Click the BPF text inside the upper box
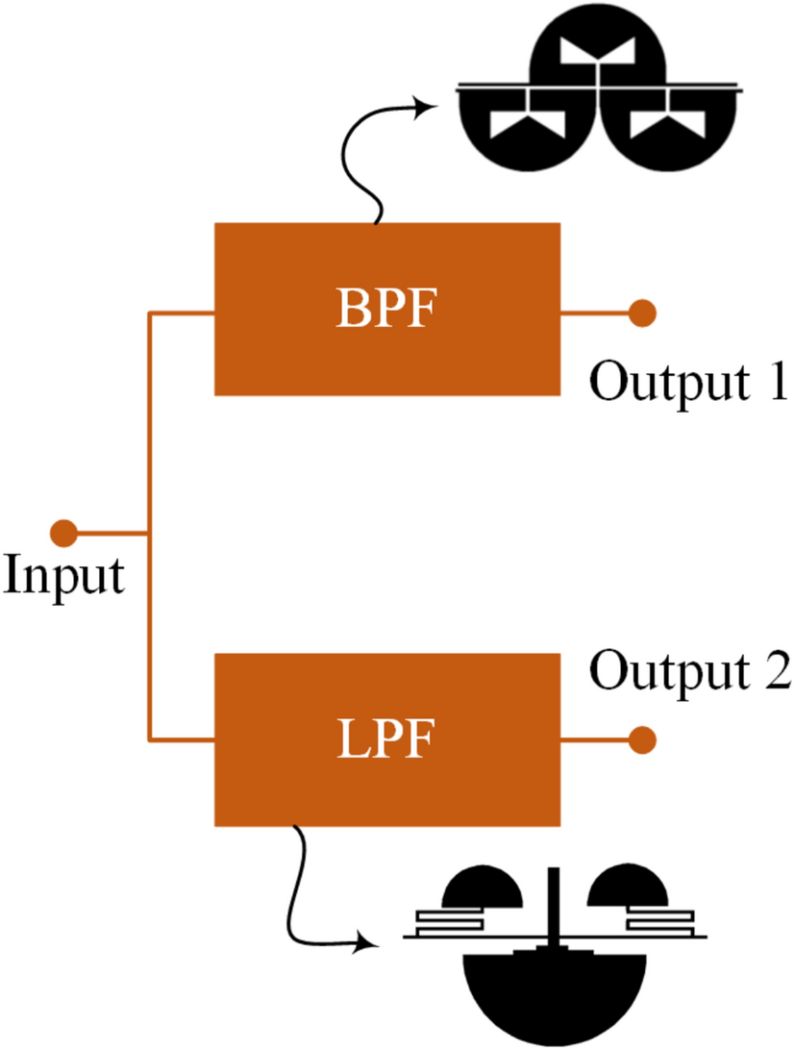click(x=385, y=310)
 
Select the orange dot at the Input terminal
click(x=63, y=532)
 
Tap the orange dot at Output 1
click(x=642, y=312)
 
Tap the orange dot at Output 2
click(x=642, y=740)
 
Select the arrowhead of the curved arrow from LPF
click(x=371, y=942)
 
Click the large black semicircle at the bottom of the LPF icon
click(x=556, y=1000)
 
